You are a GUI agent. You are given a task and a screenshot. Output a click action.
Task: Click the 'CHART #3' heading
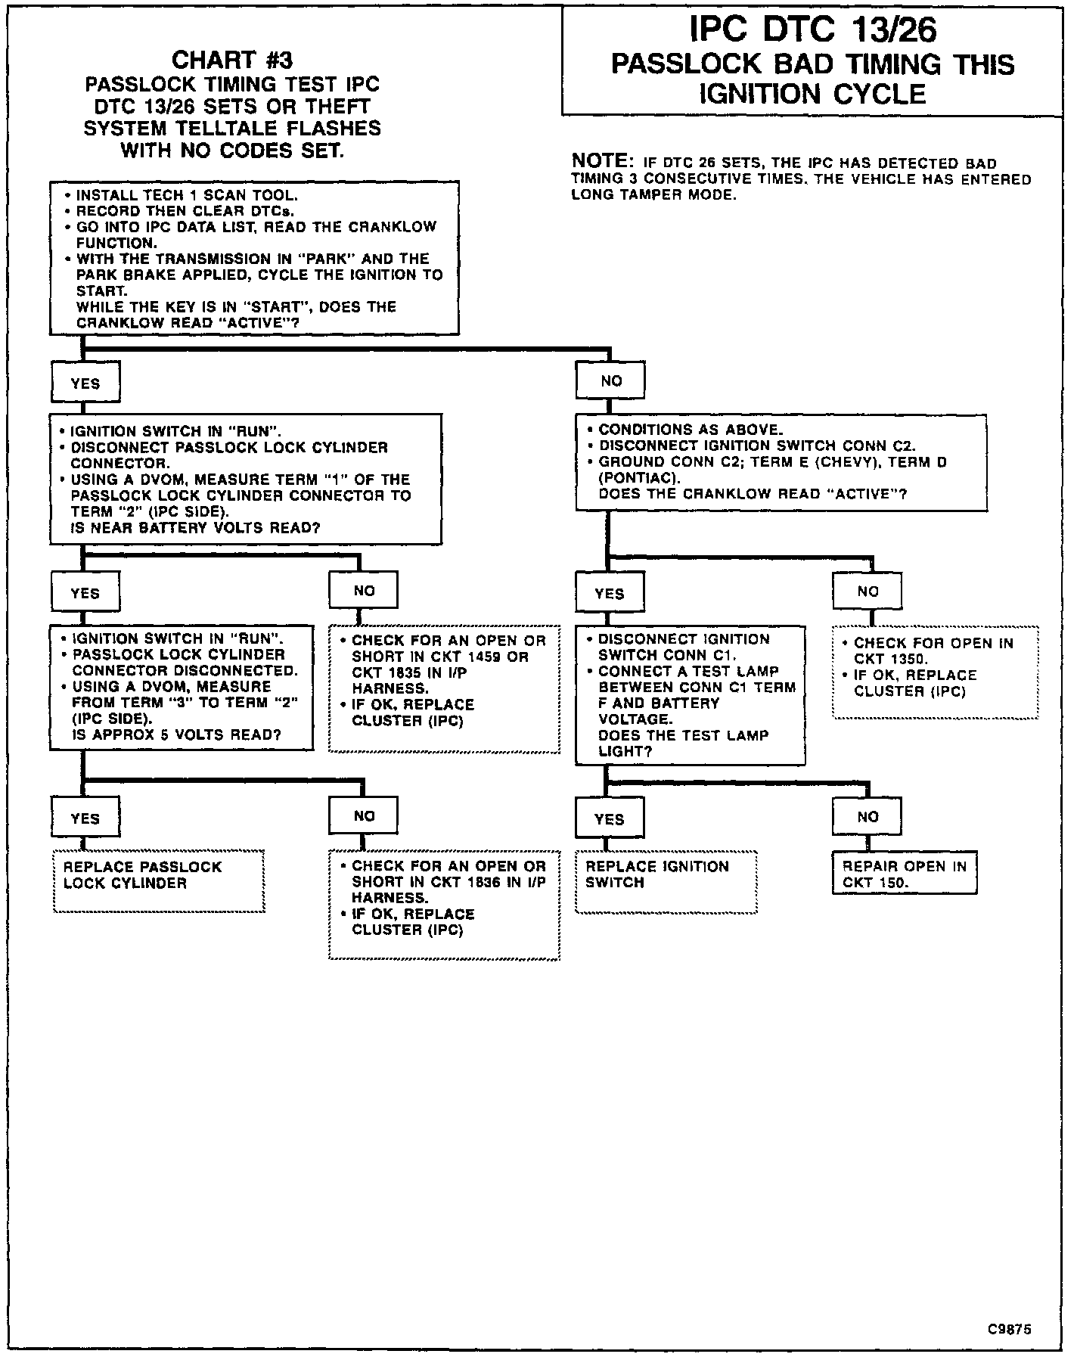click(x=231, y=60)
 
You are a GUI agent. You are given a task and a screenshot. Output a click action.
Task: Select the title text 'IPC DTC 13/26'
click(x=814, y=30)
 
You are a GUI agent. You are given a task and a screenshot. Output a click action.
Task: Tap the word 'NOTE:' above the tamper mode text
click(x=603, y=161)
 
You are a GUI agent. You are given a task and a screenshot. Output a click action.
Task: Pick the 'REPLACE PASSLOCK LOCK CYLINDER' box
click(x=159, y=881)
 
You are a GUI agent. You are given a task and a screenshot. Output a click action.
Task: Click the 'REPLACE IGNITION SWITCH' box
click(x=666, y=881)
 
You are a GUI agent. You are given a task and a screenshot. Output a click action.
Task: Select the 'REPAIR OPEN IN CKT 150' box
click(x=905, y=874)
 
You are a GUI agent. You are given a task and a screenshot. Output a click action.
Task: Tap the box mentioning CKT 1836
click(x=444, y=905)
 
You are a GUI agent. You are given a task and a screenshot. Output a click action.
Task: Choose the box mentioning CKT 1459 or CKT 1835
click(x=444, y=688)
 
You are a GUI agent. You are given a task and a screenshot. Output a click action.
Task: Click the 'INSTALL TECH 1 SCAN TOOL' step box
click(x=254, y=258)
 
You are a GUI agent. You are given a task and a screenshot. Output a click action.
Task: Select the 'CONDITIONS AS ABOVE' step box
click(x=781, y=462)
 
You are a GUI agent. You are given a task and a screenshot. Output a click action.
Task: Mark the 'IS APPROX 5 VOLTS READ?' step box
click(x=182, y=687)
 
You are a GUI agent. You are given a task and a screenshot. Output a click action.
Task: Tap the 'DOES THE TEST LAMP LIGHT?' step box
click(x=690, y=694)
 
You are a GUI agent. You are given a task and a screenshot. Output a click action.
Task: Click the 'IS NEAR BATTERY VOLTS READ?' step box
click(x=246, y=479)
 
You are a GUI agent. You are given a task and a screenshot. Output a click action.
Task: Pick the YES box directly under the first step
click(x=85, y=383)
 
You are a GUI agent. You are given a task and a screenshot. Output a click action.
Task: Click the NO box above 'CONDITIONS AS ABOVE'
click(x=610, y=380)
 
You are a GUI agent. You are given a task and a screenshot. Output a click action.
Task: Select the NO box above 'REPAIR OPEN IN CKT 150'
click(x=867, y=816)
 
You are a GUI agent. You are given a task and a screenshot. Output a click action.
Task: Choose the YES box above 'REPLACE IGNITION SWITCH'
click(x=610, y=818)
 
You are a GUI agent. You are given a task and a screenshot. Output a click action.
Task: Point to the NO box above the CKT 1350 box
click(x=867, y=591)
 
